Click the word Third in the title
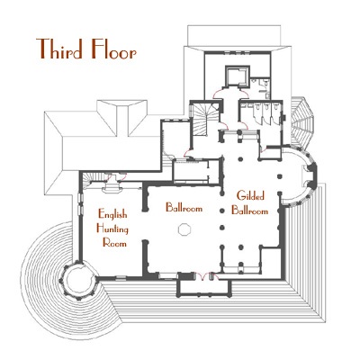(x=59, y=49)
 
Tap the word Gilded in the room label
(x=250, y=195)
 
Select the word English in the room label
(x=112, y=214)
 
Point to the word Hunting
(x=112, y=229)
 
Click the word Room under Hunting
(x=114, y=242)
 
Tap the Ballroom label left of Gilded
(x=184, y=207)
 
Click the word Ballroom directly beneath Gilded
(x=249, y=211)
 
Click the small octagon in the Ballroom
(x=184, y=229)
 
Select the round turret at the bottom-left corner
(x=78, y=280)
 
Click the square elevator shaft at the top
(x=237, y=76)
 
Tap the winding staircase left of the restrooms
(x=205, y=120)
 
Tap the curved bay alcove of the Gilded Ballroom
(x=299, y=176)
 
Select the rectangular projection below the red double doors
(x=204, y=288)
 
